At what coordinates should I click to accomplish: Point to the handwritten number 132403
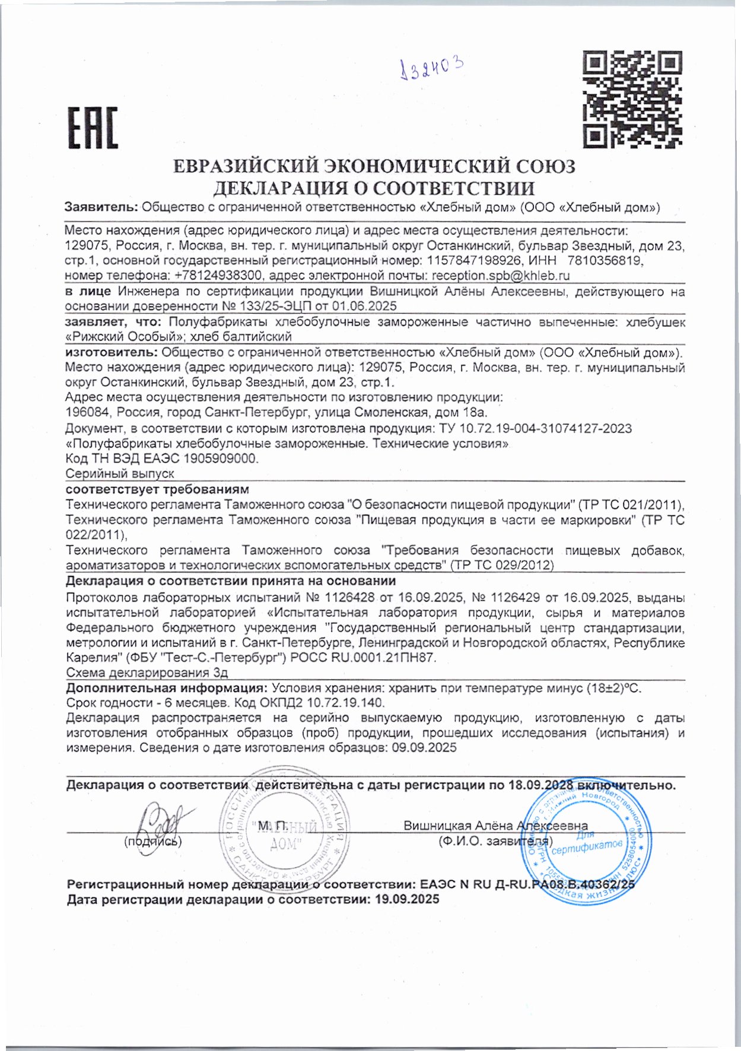click(x=431, y=69)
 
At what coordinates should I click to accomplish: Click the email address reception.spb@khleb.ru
click(x=501, y=276)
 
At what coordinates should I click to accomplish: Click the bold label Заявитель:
click(x=101, y=208)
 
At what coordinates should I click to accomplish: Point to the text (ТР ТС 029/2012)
click(x=502, y=565)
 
